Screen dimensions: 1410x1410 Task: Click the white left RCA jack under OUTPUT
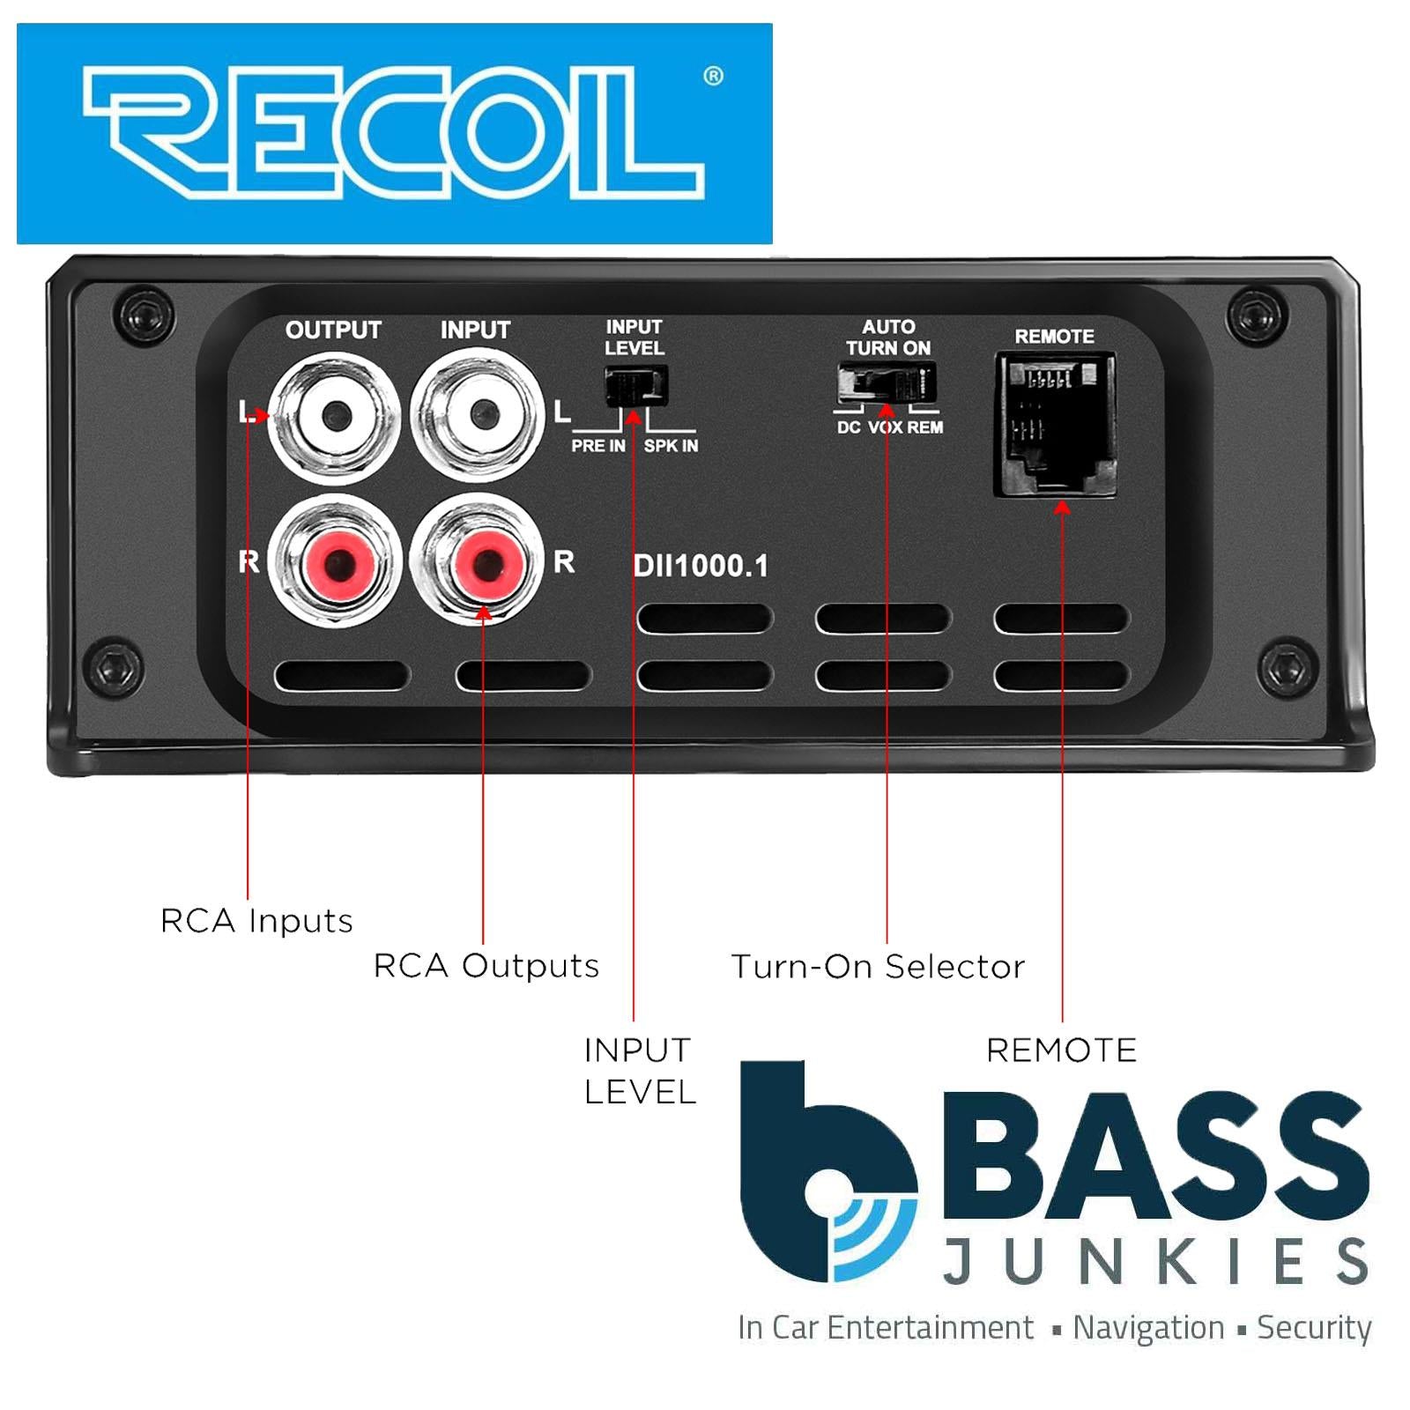tap(335, 415)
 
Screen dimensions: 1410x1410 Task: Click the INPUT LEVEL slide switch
tap(635, 386)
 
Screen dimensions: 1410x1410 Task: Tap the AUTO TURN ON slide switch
tap(887, 384)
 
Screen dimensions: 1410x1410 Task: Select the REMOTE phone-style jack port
tap(1055, 425)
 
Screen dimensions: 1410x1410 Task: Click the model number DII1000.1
tap(701, 566)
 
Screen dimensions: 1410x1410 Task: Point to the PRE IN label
tap(598, 446)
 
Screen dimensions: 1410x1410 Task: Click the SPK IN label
tap(671, 446)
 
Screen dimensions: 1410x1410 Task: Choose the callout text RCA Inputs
tap(256, 921)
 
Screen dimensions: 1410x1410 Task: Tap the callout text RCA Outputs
tap(486, 966)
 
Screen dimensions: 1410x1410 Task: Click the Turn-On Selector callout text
tap(878, 967)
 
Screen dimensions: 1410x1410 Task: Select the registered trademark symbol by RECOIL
tap(713, 77)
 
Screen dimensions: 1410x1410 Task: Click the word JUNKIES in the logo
tap(1155, 1262)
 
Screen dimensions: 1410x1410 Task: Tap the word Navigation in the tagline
tap(1147, 1327)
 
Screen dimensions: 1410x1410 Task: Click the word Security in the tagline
tap(1313, 1327)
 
